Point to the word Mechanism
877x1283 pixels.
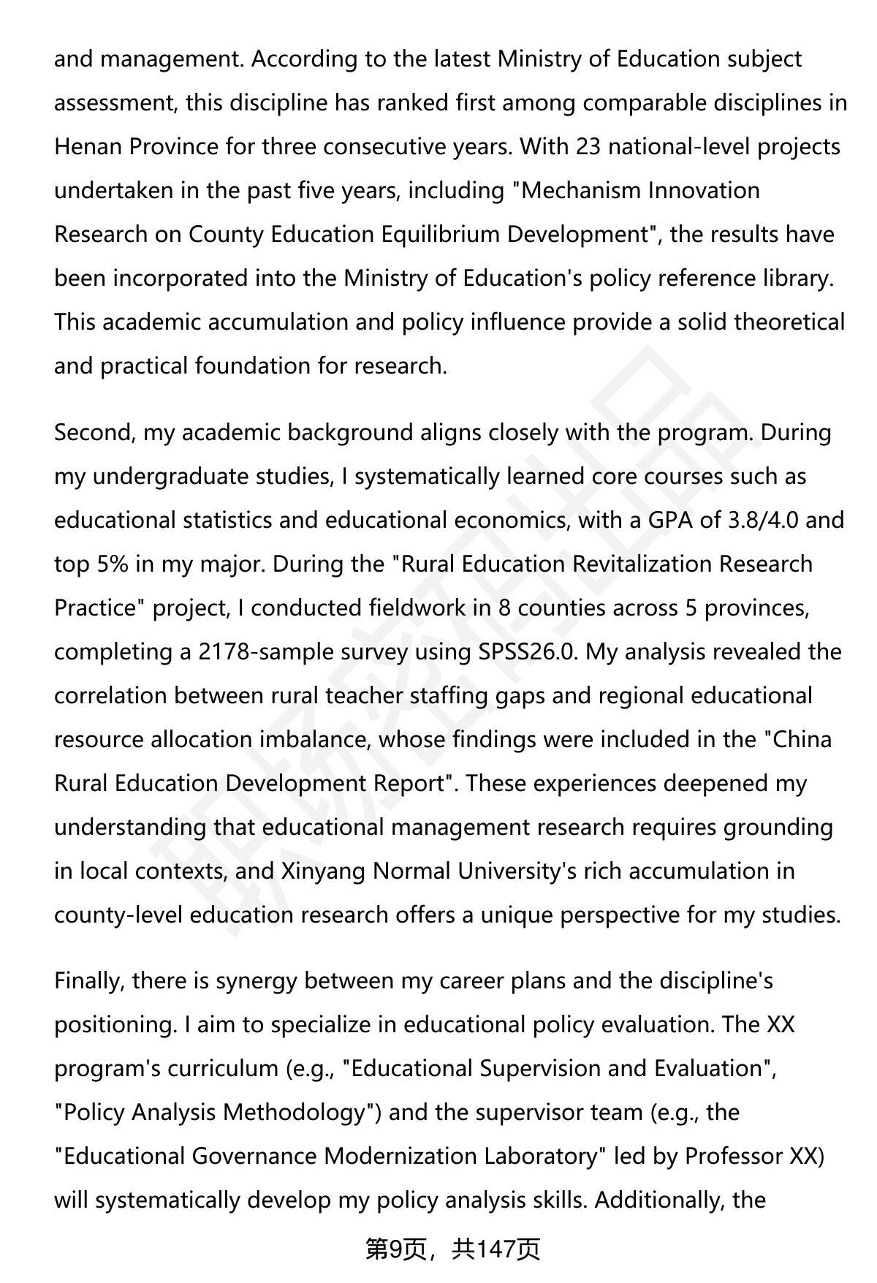(579, 191)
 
